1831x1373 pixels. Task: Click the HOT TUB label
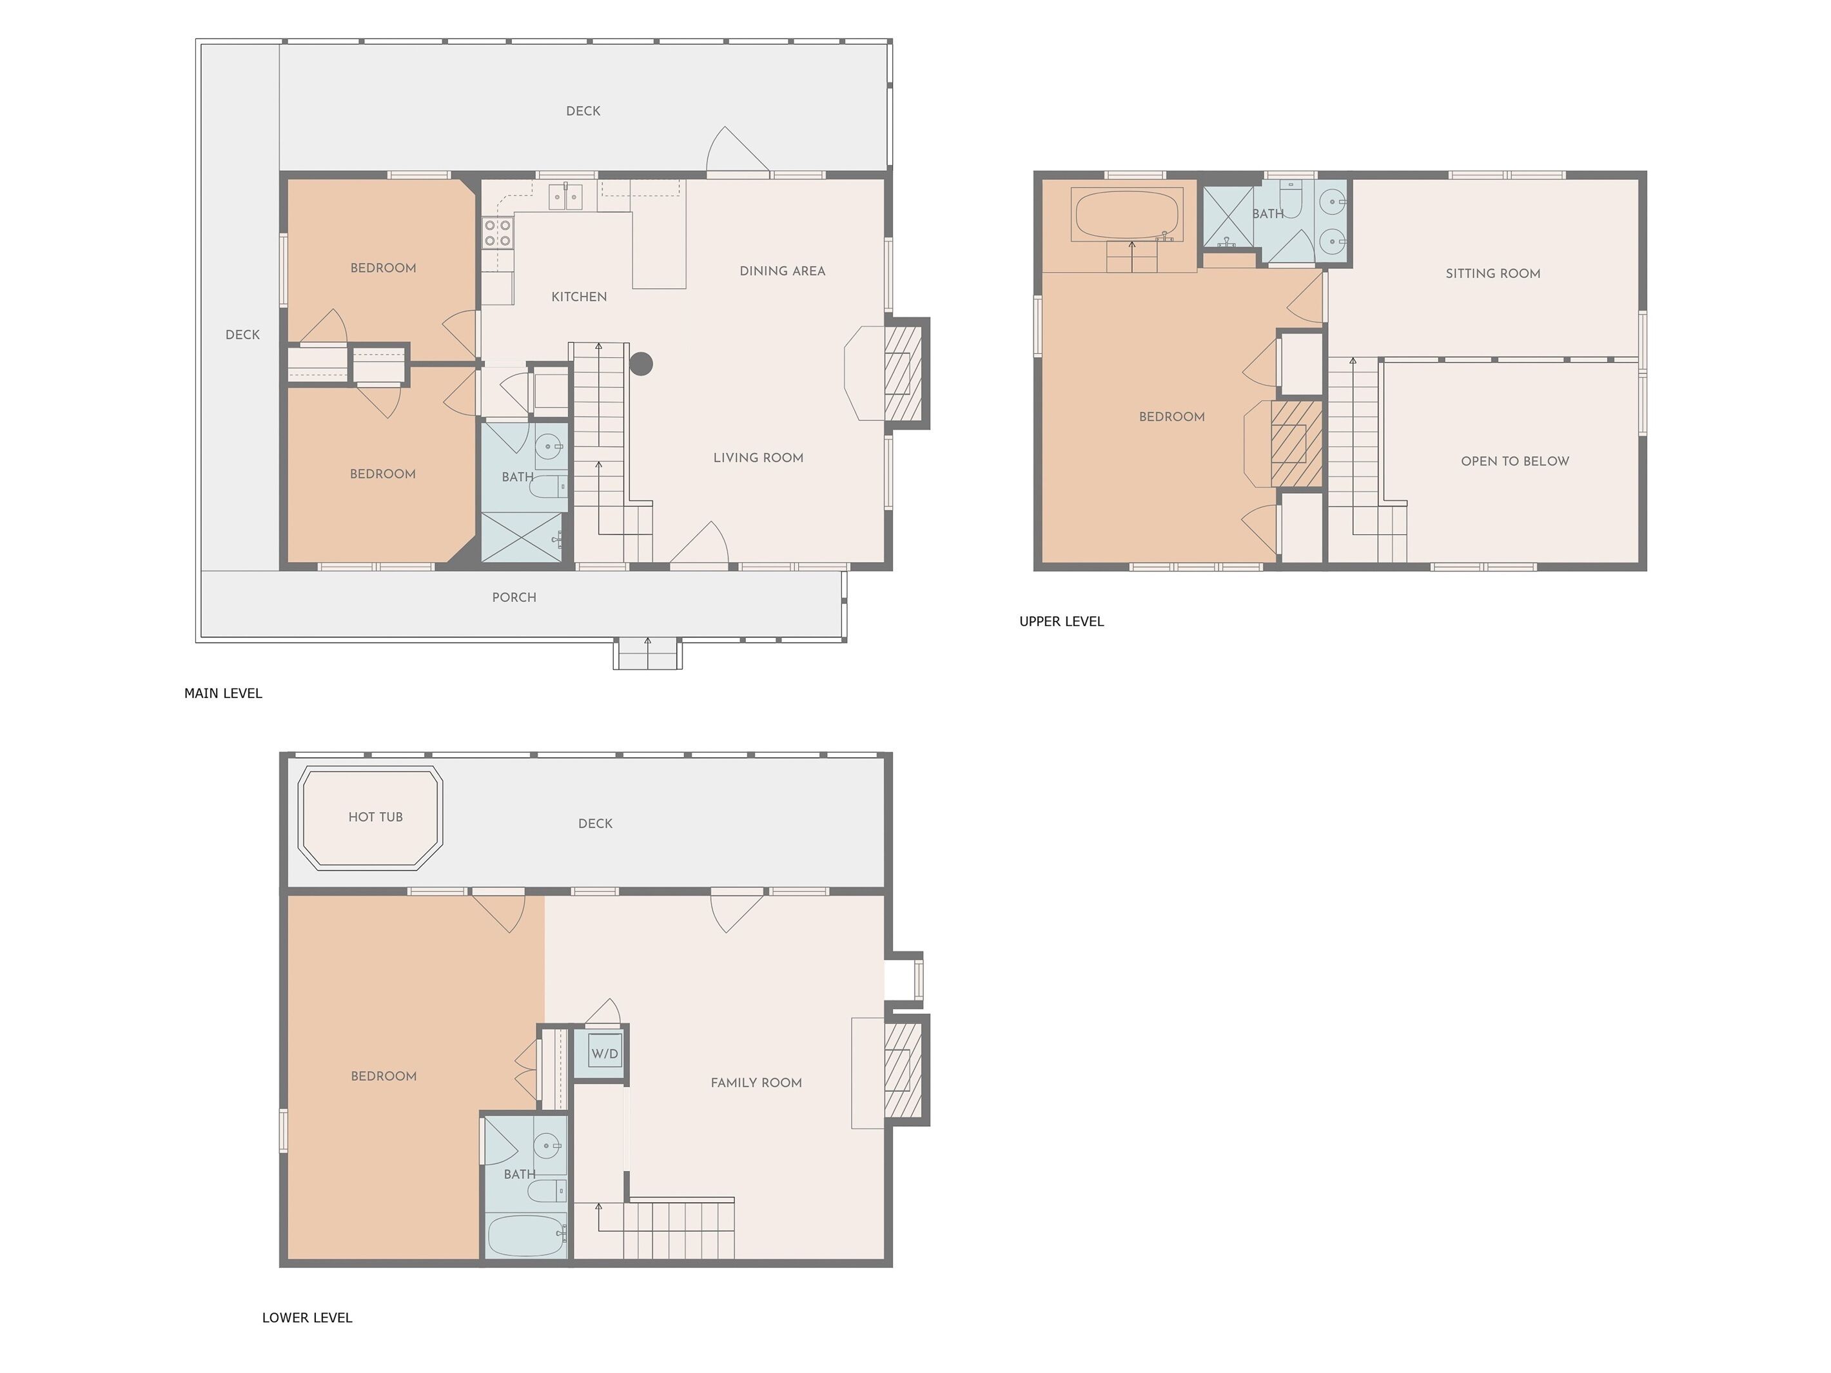tap(375, 817)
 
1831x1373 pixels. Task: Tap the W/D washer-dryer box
tap(604, 1053)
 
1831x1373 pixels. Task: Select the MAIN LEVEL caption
tap(222, 694)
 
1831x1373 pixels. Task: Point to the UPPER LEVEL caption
tap(1061, 621)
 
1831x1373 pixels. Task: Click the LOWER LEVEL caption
tap(307, 1318)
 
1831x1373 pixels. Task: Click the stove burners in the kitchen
tap(498, 233)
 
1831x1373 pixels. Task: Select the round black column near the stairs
tap(641, 364)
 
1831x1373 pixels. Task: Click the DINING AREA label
tap(782, 271)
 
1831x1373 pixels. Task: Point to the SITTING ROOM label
tap(1493, 273)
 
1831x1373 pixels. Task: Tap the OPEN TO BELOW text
tap(1515, 461)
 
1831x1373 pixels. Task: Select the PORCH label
tap(514, 598)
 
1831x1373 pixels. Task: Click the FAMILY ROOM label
tap(756, 1082)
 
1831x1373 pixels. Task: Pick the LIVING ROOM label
tap(758, 458)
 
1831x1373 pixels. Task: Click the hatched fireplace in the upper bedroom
tap(1297, 443)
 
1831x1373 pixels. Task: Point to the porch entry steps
tap(647, 655)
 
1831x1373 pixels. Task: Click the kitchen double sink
tap(565, 197)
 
